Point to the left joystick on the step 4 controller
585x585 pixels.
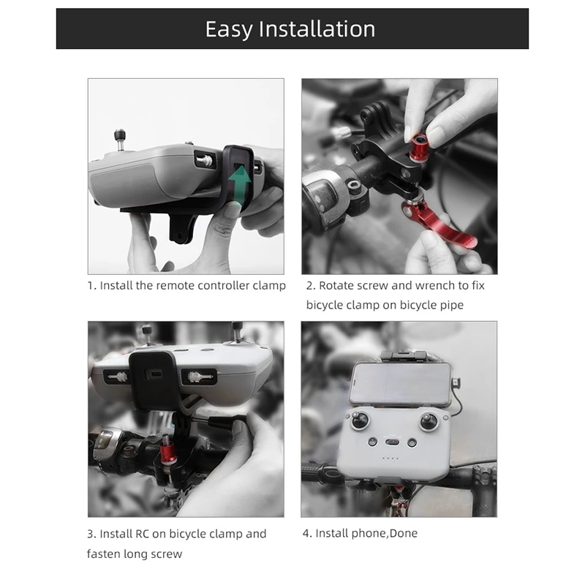tap(360, 421)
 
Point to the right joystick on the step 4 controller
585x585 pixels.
tap(429, 421)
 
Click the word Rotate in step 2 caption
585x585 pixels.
tap(338, 285)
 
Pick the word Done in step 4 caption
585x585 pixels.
tap(403, 534)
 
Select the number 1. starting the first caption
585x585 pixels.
tap(91, 285)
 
